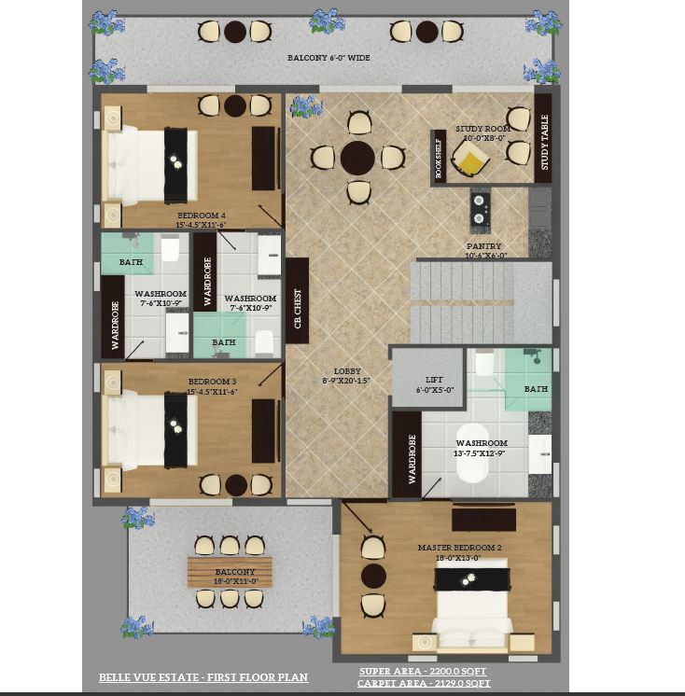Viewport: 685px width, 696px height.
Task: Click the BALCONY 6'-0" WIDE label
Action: [329, 58]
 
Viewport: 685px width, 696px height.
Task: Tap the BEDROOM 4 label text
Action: [201, 216]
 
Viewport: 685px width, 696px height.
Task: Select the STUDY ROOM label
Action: [482, 129]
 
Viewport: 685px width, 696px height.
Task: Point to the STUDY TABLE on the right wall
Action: [543, 143]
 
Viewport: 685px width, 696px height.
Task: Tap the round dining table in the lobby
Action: [357, 159]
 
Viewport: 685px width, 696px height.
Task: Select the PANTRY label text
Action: [484, 247]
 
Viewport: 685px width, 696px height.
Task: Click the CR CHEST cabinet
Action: [298, 300]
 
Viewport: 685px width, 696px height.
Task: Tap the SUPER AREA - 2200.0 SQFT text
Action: [423, 672]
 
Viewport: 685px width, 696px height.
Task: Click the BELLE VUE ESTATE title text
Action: [203, 677]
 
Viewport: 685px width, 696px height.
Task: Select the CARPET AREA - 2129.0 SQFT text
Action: [423, 684]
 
